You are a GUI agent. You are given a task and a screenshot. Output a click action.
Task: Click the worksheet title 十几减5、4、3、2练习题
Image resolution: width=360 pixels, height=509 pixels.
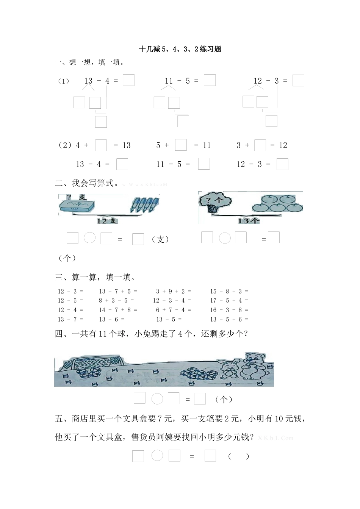180,49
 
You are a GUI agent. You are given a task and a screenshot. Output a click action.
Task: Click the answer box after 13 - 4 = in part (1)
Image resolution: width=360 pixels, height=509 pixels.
128,80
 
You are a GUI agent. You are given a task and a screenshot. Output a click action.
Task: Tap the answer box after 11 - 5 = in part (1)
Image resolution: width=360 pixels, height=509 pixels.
210,80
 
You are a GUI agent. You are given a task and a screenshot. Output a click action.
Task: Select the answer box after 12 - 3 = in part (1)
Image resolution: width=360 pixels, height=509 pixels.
298,81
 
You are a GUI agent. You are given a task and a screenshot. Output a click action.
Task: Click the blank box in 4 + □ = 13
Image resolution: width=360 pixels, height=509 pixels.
101,145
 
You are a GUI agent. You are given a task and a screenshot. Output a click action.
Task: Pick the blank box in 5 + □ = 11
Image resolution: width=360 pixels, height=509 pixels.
181,145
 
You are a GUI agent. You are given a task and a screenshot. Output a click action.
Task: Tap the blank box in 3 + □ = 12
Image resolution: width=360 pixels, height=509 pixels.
260,145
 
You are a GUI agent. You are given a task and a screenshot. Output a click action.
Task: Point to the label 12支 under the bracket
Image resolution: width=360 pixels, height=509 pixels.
107,221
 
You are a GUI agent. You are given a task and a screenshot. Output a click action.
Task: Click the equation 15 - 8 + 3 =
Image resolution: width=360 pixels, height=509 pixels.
229,291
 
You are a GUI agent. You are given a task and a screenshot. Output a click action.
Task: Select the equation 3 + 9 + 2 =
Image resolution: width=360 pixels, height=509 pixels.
174,291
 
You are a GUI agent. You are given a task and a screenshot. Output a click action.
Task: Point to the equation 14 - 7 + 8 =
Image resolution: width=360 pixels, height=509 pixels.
118,310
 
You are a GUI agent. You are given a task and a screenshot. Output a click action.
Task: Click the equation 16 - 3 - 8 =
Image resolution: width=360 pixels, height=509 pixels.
229,310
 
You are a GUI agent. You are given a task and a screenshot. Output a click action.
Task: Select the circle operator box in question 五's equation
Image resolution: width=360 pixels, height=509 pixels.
157,456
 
